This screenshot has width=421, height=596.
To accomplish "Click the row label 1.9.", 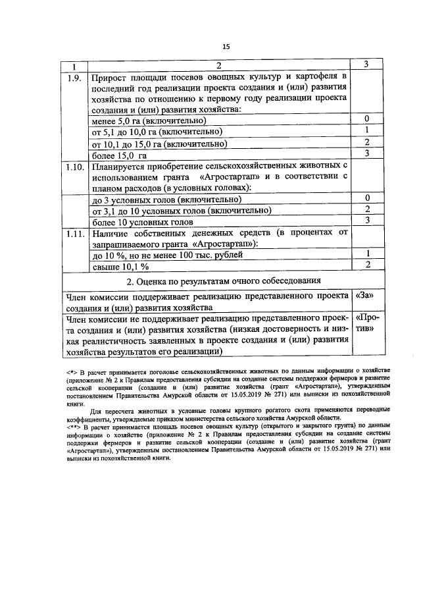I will pyautogui.click(x=74, y=78).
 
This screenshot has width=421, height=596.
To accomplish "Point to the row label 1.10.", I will pyautogui.click(x=74, y=167).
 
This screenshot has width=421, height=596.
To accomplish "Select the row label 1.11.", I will pyautogui.click(x=74, y=234).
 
